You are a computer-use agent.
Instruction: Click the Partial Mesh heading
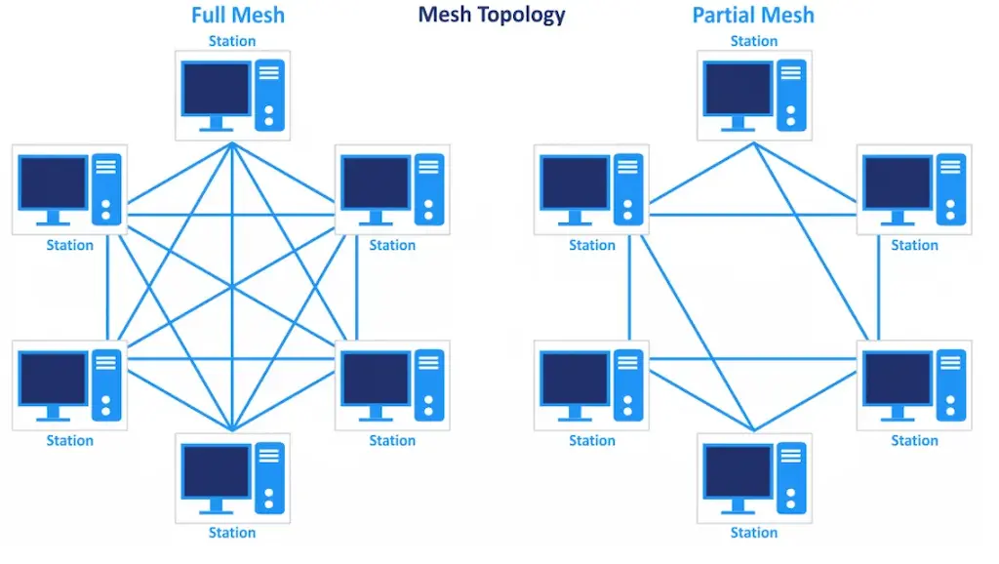(x=753, y=15)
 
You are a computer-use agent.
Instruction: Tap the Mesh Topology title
(x=492, y=15)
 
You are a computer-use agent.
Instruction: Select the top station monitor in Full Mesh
(x=217, y=89)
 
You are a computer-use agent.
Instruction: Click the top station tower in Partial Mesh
(x=791, y=95)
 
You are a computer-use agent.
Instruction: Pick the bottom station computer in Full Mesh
(x=232, y=478)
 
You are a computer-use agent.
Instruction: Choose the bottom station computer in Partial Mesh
(x=754, y=478)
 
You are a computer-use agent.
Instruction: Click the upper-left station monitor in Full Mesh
(x=54, y=183)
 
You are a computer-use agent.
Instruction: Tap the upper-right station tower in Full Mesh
(x=429, y=189)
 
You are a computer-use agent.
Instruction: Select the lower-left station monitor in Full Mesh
(x=54, y=379)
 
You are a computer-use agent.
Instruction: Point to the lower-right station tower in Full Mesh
(x=429, y=384)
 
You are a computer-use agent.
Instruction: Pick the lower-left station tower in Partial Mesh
(x=628, y=384)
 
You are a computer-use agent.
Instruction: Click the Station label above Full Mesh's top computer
(x=232, y=41)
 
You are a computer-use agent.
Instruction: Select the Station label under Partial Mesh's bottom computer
(x=754, y=533)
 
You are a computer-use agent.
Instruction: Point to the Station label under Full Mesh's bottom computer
(x=232, y=533)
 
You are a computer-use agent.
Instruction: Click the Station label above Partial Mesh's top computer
(x=754, y=41)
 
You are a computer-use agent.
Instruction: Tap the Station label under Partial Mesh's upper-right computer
(x=914, y=245)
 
